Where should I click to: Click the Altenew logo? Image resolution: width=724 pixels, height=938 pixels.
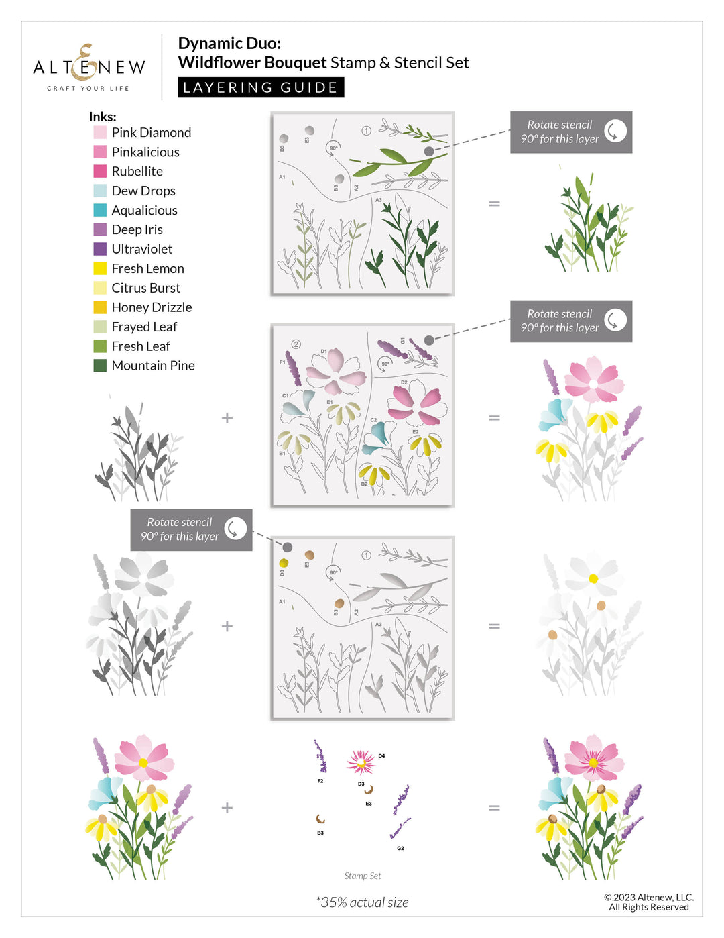pos(89,68)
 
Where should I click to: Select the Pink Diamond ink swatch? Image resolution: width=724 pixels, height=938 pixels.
pos(100,132)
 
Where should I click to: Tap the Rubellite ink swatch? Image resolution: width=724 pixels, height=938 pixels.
pos(100,171)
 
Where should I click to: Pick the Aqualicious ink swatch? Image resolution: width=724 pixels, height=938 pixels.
pos(100,210)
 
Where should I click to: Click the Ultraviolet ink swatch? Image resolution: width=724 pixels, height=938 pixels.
pos(100,249)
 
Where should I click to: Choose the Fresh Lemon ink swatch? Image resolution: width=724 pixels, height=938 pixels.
pos(100,268)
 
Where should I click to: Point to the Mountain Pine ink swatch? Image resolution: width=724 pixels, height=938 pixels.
pos(100,366)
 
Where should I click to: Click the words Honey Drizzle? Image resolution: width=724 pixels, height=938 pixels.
pos(152,307)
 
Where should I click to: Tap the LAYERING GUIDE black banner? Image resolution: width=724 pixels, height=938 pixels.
pos(261,87)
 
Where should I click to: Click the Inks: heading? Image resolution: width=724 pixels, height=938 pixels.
pos(103,117)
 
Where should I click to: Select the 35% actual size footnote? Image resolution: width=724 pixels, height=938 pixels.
pos(363,902)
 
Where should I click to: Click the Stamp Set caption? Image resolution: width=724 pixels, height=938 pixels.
pos(363,876)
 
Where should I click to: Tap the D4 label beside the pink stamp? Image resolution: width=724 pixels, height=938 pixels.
pos(381,756)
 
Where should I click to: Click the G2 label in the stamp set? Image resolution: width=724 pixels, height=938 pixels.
pos(400,849)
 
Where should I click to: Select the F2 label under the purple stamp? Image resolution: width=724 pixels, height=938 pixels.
pos(320,781)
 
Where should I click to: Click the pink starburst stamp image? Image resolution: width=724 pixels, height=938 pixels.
pos(361,762)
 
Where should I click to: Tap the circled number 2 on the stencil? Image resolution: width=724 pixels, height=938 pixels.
pos(296,344)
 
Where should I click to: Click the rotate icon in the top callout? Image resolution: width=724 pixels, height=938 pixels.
pos(615,132)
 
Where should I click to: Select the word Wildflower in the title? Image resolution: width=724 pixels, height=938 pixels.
pos(219,63)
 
